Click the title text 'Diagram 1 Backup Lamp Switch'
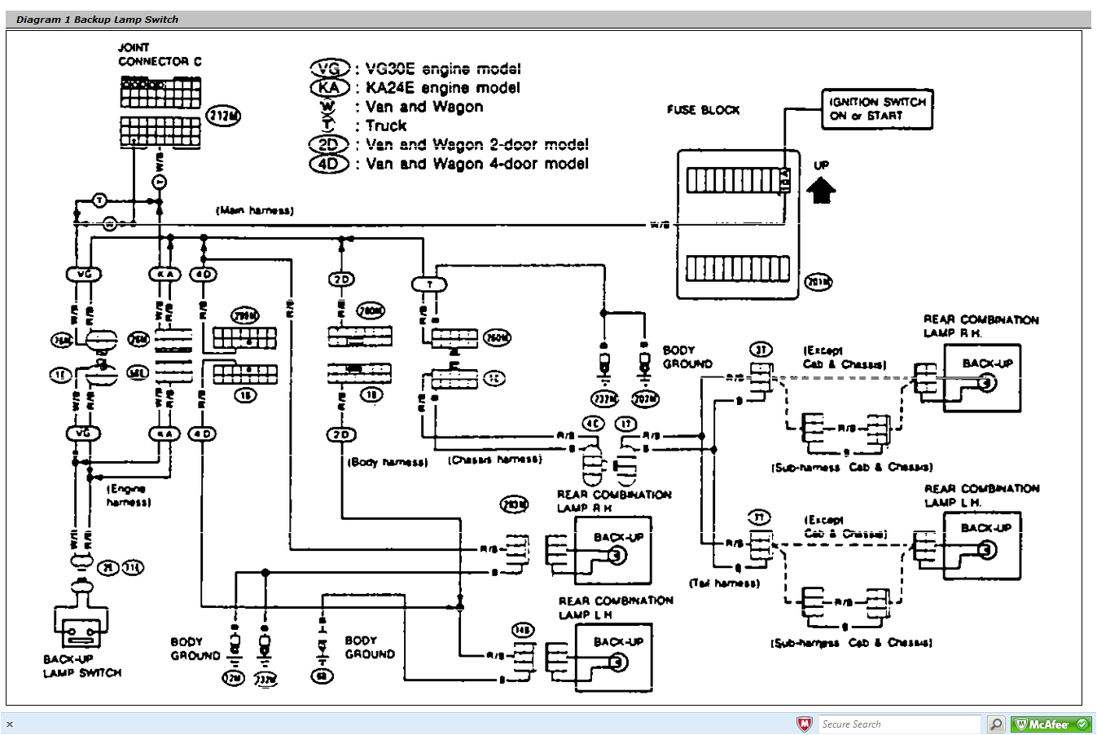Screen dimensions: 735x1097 click(97, 20)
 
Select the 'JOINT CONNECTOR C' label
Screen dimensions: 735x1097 click(160, 55)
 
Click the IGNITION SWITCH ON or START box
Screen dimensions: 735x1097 click(877, 109)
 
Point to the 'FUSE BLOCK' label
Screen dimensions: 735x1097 click(703, 110)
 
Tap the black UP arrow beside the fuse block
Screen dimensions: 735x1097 click(821, 190)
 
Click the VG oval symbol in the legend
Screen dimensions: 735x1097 click(329, 69)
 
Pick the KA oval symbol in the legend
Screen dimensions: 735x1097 click(329, 88)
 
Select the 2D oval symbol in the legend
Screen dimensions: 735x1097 click(328, 145)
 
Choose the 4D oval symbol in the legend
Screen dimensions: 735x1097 click(328, 164)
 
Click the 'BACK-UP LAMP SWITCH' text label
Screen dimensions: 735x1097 click(81, 666)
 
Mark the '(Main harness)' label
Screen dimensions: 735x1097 click(254, 210)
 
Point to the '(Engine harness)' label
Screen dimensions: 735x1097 click(128, 495)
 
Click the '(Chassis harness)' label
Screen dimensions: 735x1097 click(494, 460)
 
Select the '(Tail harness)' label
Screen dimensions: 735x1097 click(724, 583)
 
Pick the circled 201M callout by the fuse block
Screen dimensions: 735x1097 click(818, 282)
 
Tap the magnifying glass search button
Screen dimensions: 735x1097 click(995, 724)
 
